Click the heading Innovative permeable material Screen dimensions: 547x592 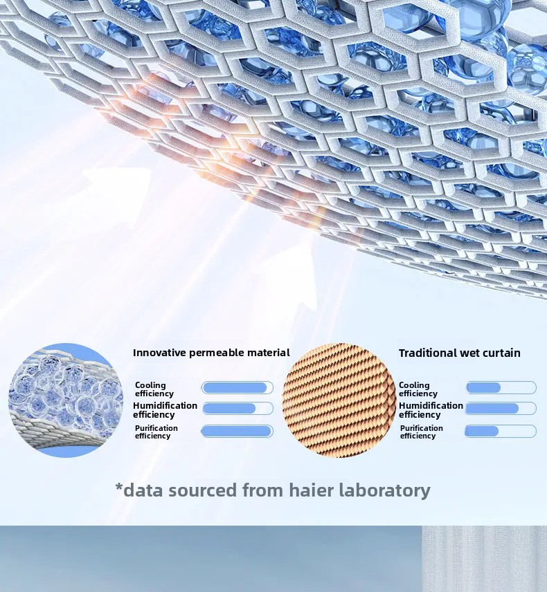point(211,353)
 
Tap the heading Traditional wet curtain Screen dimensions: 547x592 point(459,353)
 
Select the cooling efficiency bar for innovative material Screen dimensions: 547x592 point(237,388)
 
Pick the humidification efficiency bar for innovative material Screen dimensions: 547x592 point(237,408)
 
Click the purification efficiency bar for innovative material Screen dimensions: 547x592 point(237,431)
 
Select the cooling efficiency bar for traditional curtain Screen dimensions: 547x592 point(501,388)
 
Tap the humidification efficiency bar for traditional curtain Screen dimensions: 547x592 point(501,408)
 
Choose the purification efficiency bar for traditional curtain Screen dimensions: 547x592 point(501,431)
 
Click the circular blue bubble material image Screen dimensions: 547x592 point(66,400)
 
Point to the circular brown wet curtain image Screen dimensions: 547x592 point(339,400)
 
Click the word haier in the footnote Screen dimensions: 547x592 point(312,490)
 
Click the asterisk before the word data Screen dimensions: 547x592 point(119,488)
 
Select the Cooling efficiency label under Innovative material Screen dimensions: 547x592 point(154,389)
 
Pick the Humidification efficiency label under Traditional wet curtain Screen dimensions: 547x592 point(431,410)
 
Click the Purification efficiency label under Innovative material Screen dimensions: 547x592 point(156,432)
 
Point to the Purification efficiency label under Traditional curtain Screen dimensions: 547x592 point(422,432)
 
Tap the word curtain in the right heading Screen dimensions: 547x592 point(499,353)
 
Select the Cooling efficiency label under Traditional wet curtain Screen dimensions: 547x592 point(418,389)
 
